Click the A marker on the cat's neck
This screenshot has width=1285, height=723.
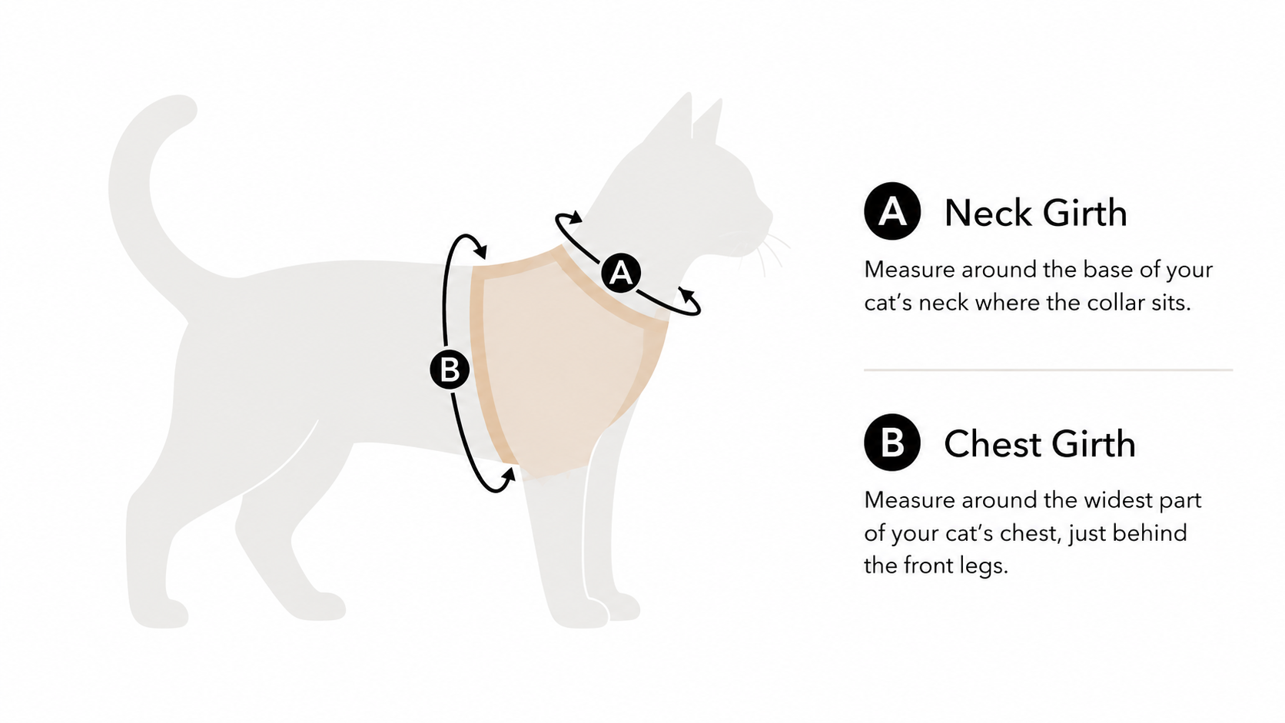pos(621,273)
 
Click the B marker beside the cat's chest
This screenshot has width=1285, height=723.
pos(450,370)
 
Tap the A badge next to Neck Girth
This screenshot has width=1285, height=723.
pos(892,211)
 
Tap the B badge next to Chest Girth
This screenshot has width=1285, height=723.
pos(892,442)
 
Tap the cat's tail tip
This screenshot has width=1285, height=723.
pos(179,108)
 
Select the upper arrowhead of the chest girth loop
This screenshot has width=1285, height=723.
pos(481,252)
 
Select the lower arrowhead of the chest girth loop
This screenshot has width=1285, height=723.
pos(508,476)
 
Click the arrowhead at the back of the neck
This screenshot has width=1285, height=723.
pos(575,217)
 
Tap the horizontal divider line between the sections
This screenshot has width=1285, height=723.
pos(1048,370)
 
